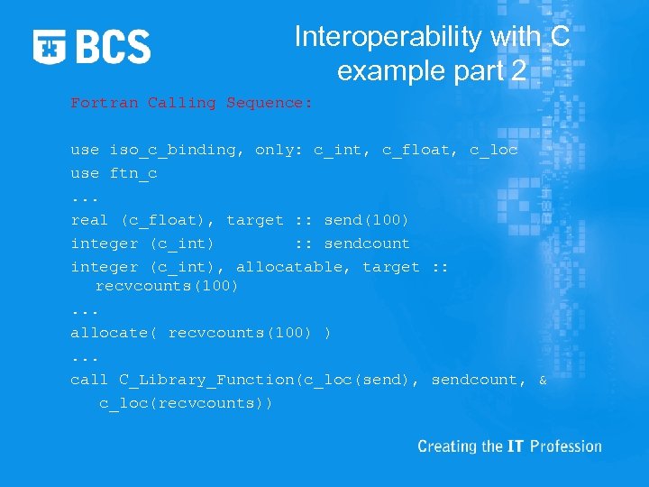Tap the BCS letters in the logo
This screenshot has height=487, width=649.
[x=114, y=46]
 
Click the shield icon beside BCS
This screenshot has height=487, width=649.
[x=50, y=46]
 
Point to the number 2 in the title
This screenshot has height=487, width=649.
[x=516, y=70]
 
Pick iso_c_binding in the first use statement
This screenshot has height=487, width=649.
[x=172, y=150]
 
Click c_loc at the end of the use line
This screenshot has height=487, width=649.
[x=494, y=150]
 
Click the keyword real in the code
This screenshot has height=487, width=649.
[x=89, y=220]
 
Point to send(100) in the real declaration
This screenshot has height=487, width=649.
[x=367, y=220]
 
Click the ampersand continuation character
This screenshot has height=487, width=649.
[x=543, y=380]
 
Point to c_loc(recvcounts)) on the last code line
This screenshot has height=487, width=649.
[x=186, y=403]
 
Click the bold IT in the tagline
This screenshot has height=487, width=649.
[x=516, y=446]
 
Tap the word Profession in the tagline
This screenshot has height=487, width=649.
[x=566, y=446]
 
